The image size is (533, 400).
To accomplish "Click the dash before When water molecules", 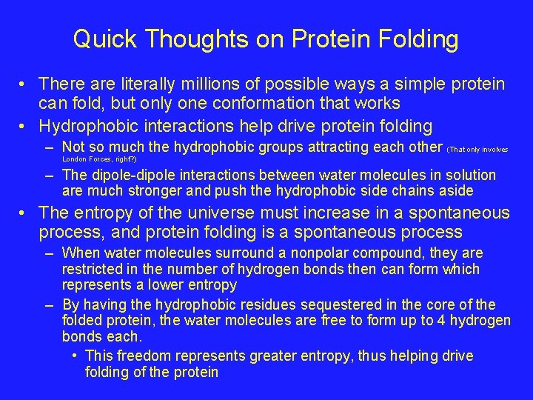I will click(x=49, y=253).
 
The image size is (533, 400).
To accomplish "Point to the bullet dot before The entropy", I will click(x=24, y=213).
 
